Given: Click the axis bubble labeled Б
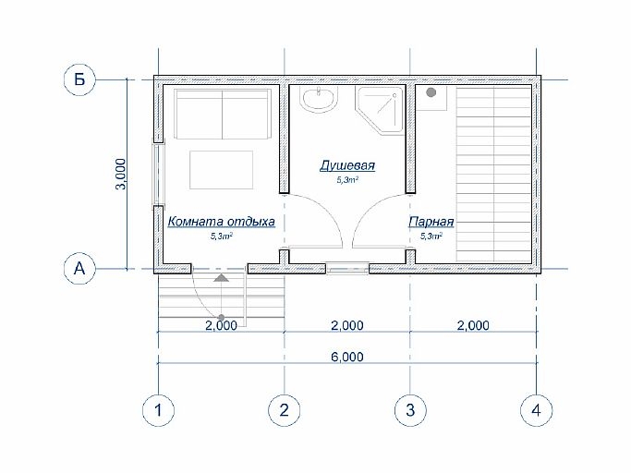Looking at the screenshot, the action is pos(79,79).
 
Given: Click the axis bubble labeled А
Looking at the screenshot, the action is pos(79,268).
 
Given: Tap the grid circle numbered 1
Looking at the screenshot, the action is pos(158,410).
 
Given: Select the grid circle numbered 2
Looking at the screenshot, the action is pos(285,410).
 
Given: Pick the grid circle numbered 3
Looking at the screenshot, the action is pos(410,410).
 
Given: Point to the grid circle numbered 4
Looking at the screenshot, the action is pos(536,410).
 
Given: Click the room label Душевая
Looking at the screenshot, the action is pos(347,165).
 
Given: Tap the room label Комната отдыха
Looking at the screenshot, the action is pos(222,222).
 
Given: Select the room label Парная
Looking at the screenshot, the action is pos(431,222).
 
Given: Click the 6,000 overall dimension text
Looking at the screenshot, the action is pos(347,357).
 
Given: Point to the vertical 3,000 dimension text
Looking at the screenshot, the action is pos(121,174).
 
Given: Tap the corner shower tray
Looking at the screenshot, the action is pos(380,110).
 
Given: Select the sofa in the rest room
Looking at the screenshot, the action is pos(222,114).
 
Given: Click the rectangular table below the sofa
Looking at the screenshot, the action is pos(222,170).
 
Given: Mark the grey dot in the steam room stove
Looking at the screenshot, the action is pos(431,92).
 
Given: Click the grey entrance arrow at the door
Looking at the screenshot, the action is pos(221,278).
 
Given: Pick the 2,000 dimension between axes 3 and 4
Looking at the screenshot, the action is pos(473,325).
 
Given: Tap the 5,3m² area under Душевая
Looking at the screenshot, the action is pos(347,180).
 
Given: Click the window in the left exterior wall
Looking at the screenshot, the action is pos(157,174).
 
